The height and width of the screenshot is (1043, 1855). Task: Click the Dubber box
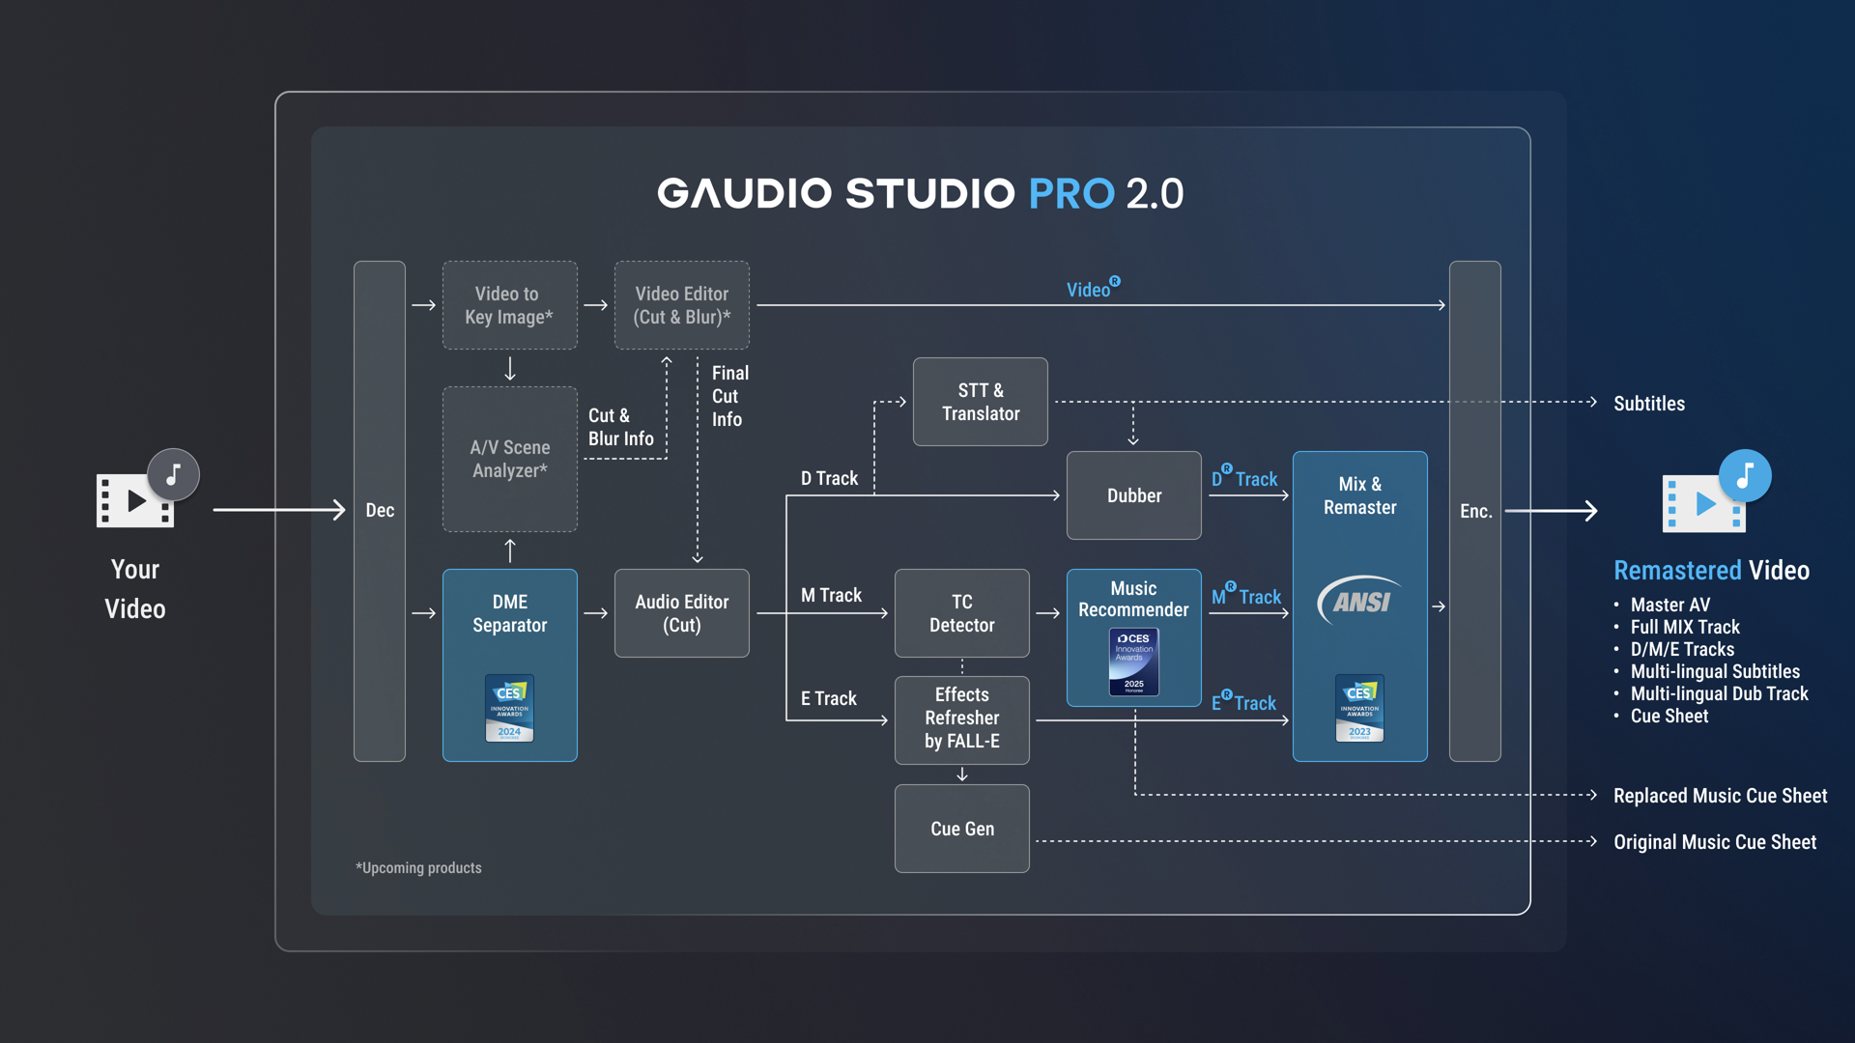coord(1133,495)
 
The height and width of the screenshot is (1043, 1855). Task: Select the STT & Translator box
coord(980,402)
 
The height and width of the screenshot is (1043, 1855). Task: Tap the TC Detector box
coord(961,613)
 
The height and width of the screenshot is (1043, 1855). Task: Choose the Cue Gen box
coord(961,829)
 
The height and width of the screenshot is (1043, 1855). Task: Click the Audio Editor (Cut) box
coord(681,613)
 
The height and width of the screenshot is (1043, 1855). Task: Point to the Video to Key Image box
coord(509,305)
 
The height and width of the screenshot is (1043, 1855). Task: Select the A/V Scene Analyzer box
coord(509,459)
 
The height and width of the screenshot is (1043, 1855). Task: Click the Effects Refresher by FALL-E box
coord(961,719)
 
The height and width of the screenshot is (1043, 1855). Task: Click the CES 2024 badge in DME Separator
coord(509,708)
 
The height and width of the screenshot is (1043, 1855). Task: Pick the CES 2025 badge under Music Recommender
coord(1133,662)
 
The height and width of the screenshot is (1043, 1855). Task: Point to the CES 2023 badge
coord(1359,708)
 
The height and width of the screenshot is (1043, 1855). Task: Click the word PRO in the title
coord(1071,194)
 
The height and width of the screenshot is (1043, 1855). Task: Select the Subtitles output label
coord(1648,404)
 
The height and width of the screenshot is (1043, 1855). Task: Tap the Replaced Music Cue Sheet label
coord(1720,796)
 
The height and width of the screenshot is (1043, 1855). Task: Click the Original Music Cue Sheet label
coord(1715,842)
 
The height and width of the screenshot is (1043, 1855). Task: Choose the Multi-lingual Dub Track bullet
coord(1719,693)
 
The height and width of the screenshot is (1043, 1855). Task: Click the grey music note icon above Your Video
coord(173,475)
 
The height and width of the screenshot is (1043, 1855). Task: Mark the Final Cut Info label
coord(728,396)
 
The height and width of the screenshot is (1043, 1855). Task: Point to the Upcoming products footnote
coord(418,868)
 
